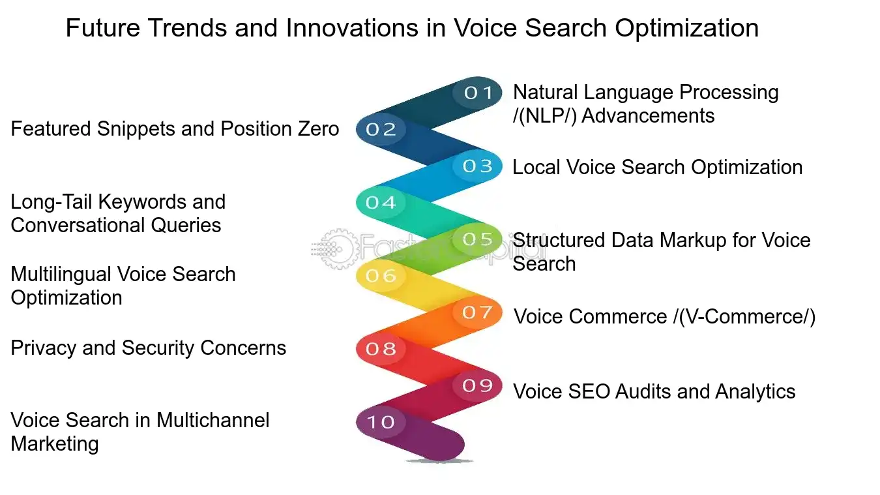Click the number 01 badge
coord(478,93)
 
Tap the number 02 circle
coord(381,130)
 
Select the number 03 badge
coord(478,166)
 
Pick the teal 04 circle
coord(381,203)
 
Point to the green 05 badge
coord(478,239)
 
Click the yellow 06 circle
coord(381,276)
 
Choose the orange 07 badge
coord(478,312)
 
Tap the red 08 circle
coord(381,349)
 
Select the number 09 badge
coord(478,385)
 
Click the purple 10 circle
coord(381,422)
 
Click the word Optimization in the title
coord(694,28)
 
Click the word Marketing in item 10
coord(55,443)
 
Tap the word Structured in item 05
coord(559,240)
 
